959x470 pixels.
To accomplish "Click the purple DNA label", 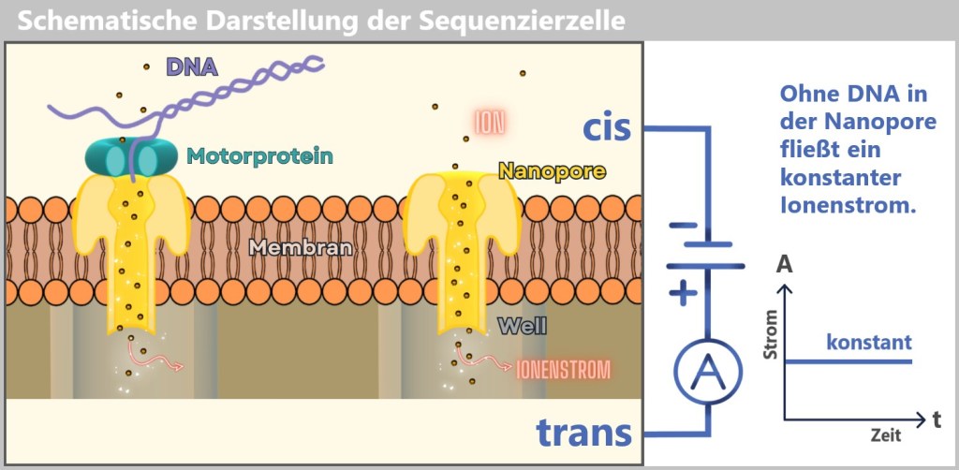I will [x=192, y=66].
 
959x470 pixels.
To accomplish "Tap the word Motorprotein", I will [x=259, y=156].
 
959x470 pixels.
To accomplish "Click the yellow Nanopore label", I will [x=552, y=170].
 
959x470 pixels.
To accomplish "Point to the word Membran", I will [x=301, y=248].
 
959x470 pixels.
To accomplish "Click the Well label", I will [x=523, y=327].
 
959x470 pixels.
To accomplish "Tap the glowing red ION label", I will [x=490, y=122].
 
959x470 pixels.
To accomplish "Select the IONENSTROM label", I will [x=564, y=369].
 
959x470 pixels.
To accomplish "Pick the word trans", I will [x=584, y=433].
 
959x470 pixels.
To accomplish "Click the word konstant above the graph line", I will [x=869, y=343].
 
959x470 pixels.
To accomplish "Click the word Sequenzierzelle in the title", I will [x=522, y=21].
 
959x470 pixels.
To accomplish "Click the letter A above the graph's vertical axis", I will [x=784, y=265].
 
